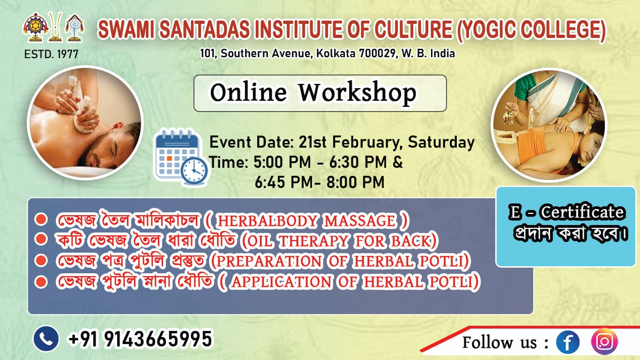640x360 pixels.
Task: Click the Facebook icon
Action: tap(567, 342)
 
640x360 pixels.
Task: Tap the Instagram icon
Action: tap(604, 342)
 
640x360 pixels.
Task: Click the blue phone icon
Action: tap(46, 339)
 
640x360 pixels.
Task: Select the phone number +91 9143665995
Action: tap(140, 339)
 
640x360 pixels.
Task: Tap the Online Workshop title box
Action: tap(320, 93)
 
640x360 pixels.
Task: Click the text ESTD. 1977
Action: tap(51, 54)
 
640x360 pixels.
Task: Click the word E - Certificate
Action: tap(566, 212)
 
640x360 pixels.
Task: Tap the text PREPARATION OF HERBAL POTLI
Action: tap(340, 262)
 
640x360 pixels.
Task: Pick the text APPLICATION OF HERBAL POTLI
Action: tap(353, 282)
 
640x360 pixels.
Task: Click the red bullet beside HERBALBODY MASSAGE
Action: tap(42, 219)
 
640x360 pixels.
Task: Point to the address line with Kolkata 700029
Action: tap(327, 53)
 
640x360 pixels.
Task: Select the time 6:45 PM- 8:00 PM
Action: tap(320, 182)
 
